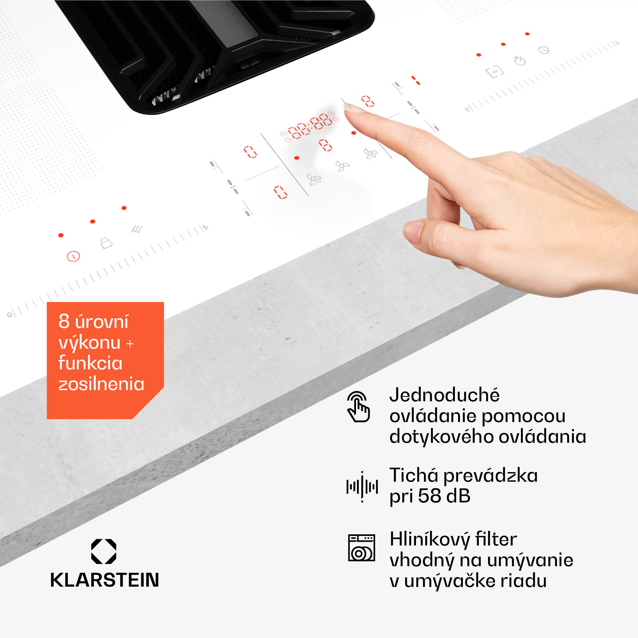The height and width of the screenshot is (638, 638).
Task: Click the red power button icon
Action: pos(73,256)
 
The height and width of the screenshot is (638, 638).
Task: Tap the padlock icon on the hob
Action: pos(106,243)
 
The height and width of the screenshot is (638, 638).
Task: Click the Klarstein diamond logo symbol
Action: pos(104,551)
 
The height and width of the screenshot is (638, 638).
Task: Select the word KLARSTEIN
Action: pos(105,580)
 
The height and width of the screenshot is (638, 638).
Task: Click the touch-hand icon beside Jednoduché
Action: pos(359,406)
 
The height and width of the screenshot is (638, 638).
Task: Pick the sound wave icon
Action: pos(362,487)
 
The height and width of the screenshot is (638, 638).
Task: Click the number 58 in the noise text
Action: pos(430,496)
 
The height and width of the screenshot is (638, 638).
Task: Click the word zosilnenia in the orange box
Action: pos(101,384)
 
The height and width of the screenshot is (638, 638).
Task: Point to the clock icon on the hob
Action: pos(544,50)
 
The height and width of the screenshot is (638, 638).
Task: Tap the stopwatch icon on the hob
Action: pos(520,60)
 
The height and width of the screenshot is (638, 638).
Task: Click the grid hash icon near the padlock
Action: pos(137,229)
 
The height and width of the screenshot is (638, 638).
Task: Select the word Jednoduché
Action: pos(444,395)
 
